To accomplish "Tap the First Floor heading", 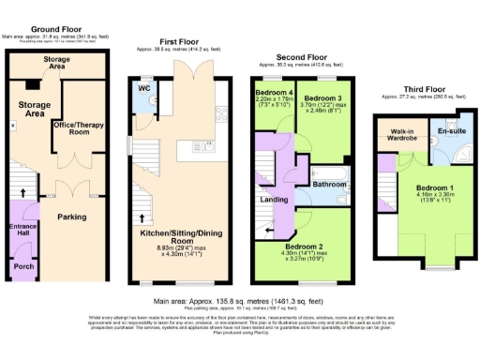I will [x=179, y=42].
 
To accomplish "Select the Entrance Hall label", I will [x=22, y=231].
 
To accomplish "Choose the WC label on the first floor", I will [x=144, y=89].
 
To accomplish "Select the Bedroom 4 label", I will [x=275, y=93].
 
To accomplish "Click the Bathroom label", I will [x=329, y=186].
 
